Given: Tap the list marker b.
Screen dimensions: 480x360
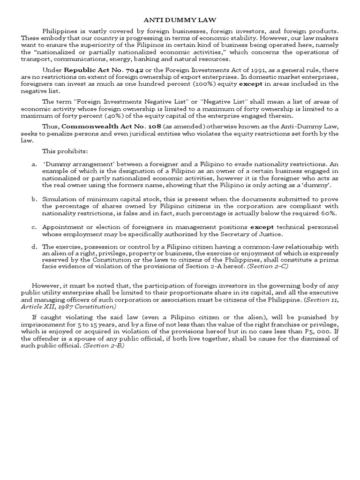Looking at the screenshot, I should pos(34,199).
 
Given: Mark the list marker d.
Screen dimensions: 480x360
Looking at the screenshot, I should pos(34,247).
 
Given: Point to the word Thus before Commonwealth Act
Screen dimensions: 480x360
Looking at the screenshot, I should pos(51,127).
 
